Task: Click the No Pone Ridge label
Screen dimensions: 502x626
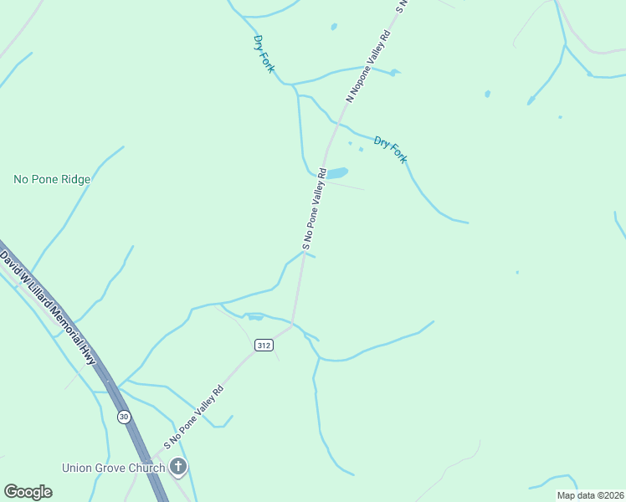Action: click(x=52, y=179)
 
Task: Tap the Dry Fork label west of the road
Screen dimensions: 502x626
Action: click(x=263, y=54)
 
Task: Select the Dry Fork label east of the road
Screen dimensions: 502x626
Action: click(x=390, y=149)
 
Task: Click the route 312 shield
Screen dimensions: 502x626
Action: click(x=264, y=346)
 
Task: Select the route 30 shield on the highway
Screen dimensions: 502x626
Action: click(x=124, y=417)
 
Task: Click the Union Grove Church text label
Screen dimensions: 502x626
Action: click(x=113, y=468)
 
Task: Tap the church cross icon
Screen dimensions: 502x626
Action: click(x=177, y=467)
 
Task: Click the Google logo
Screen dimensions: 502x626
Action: click(x=28, y=491)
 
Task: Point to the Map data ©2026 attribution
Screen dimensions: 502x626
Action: click(x=590, y=495)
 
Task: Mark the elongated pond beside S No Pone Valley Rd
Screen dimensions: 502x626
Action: click(x=336, y=174)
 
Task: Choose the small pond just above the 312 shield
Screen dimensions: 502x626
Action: click(x=254, y=317)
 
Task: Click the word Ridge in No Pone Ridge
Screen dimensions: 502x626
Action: click(x=74, y=179)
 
